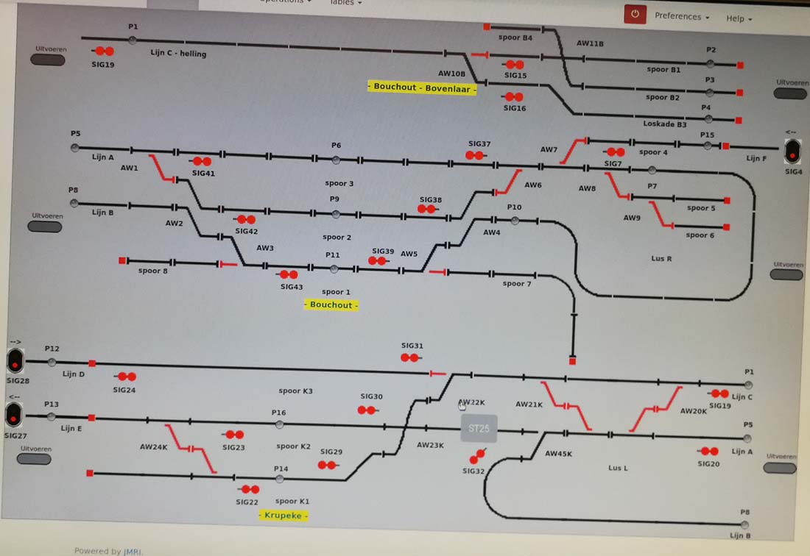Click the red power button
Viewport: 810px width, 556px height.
point(635,14)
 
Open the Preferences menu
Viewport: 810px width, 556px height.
point(682,16)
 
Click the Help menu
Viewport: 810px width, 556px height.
point(739,18)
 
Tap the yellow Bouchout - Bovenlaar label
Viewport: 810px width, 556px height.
point(422,87)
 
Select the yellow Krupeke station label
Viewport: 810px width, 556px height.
point(283,516)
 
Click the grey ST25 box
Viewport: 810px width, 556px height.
point(479,428)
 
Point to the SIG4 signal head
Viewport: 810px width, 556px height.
point(792,152)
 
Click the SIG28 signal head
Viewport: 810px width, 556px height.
point(15,360)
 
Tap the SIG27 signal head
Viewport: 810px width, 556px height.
point(14,416)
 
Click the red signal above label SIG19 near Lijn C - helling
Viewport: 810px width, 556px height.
point(104,51)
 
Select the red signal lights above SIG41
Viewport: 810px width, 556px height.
point(201,161)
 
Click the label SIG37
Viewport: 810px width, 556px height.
point(479,144)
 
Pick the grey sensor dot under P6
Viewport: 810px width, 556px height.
point(336,160)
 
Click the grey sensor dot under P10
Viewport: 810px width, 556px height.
point(515,220)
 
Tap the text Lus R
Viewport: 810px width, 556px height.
point(661,259)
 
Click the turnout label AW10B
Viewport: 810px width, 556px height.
point(451,74)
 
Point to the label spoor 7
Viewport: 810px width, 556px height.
point(517,283)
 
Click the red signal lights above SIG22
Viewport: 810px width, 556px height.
point(249,489)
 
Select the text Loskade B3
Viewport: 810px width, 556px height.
point(664,124)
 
